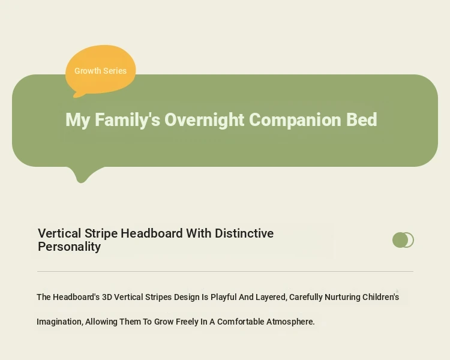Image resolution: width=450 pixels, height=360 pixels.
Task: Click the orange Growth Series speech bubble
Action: point(100,70)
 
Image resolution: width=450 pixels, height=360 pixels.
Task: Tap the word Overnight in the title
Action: point(204,120)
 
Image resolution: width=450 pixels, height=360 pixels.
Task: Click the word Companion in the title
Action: point(295,120)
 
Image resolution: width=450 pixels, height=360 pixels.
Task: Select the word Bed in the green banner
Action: point(361,119)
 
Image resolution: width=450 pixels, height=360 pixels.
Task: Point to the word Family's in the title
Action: point(127,120)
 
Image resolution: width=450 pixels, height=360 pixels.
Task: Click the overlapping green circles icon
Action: point(403,240)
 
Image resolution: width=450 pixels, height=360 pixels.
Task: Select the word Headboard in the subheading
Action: point(152,233)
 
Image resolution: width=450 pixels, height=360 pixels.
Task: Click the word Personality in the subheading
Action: point(69,247)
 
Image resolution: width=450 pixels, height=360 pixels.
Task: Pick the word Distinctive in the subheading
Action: point(244,233)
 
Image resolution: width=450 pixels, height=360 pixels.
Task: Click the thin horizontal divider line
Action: point(225,271)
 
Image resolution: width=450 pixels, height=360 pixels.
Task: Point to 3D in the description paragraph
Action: point(107,297)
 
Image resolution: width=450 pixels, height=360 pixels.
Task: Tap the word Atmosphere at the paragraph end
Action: point(290,322)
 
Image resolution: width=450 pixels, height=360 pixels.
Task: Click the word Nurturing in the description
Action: point(343,297)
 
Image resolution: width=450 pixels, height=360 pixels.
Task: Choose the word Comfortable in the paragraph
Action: point(241,322)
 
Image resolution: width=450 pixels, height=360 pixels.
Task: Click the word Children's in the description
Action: point(381,297)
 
